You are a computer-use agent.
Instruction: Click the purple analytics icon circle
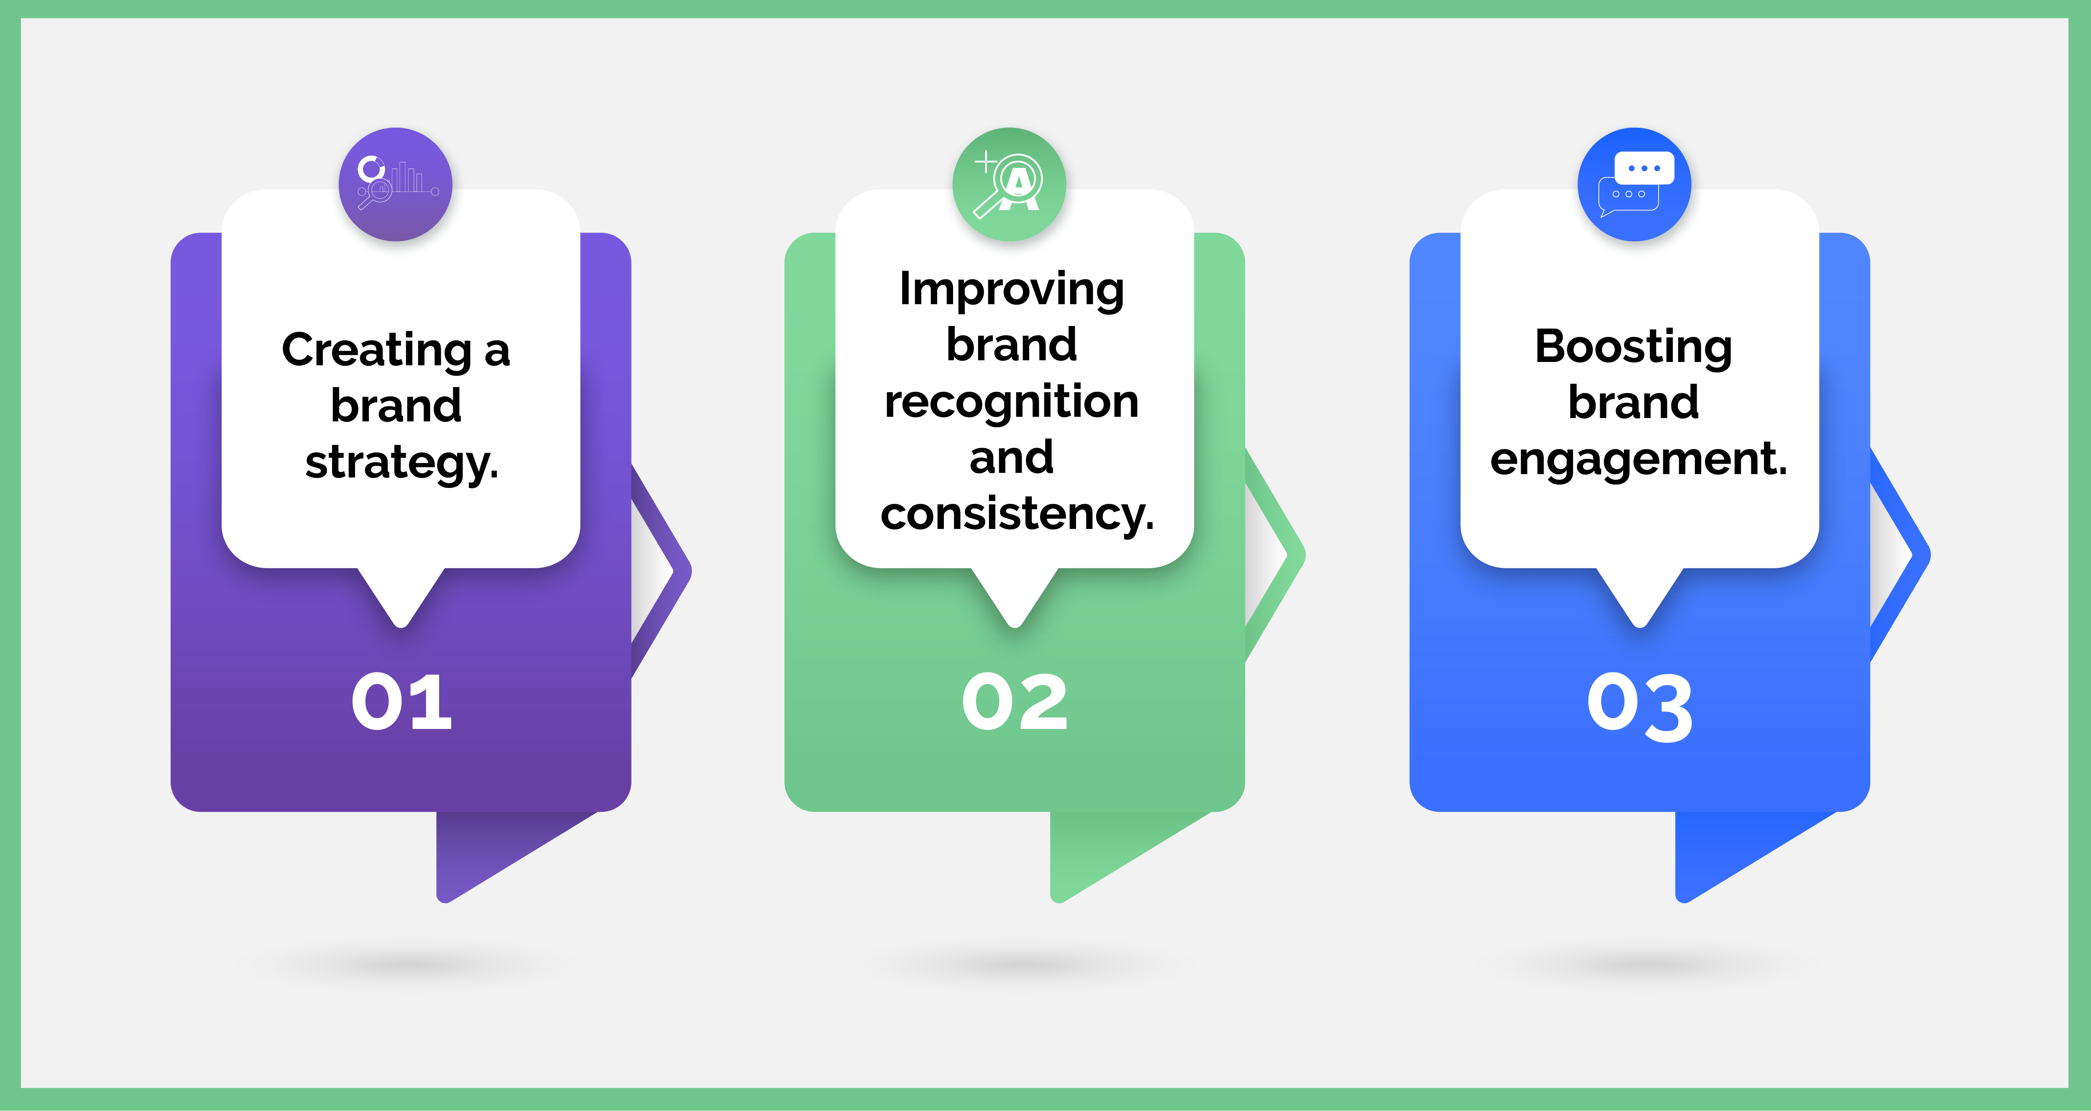tap(395, 185)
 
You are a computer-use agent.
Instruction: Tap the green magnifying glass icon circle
tap(1009, 185)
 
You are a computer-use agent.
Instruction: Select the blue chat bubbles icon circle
tap(1634, 185)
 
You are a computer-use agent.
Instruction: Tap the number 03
tap(1640, 706)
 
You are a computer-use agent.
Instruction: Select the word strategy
tap(401, 463)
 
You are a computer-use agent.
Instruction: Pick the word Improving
tap(1011, 290)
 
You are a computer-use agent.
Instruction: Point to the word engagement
tap(1639, 459)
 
